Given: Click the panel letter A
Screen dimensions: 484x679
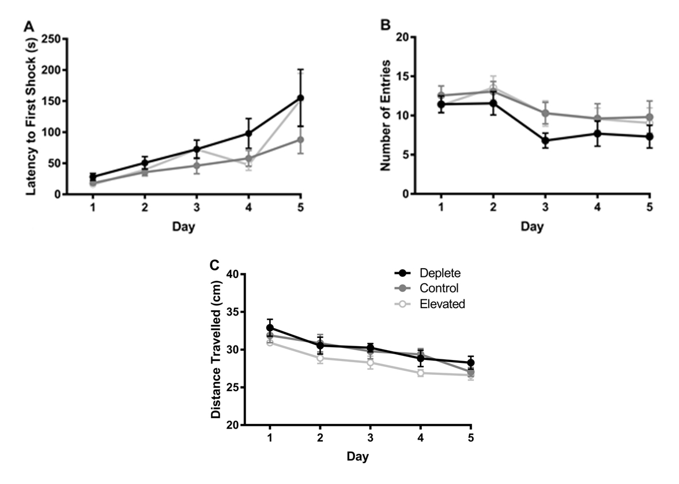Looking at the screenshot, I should pyautogui.click(x=28, y=26).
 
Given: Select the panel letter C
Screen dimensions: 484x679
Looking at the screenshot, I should pyautogui.click(x=214, y=265).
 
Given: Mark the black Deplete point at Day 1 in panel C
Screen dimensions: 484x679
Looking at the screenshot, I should pyautogui.click(x=270, y=328).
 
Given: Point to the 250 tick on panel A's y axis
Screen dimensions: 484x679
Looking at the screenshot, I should pyautogui.click(x=53, y=38).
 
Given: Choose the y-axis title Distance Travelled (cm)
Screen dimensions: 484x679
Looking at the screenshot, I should pyautogui.click(x=217, y=350).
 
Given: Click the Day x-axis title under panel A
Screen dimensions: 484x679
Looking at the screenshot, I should pyautogui.click(x=183, y=227).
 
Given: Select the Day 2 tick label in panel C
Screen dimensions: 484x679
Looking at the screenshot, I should pyautogui.click(x=320, y=438).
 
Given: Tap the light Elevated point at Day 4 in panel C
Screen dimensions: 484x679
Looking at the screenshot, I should pyautogui.click(x=421, y=373).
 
